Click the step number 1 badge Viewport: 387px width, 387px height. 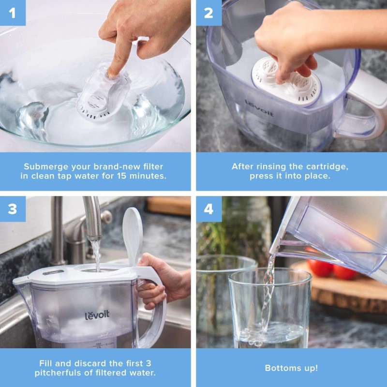13,13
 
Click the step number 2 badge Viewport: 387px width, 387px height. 208,13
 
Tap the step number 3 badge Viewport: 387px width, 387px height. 13,208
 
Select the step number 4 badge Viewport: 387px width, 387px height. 208,208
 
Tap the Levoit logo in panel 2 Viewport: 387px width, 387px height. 259,108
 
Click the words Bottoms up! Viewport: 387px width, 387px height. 291,368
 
